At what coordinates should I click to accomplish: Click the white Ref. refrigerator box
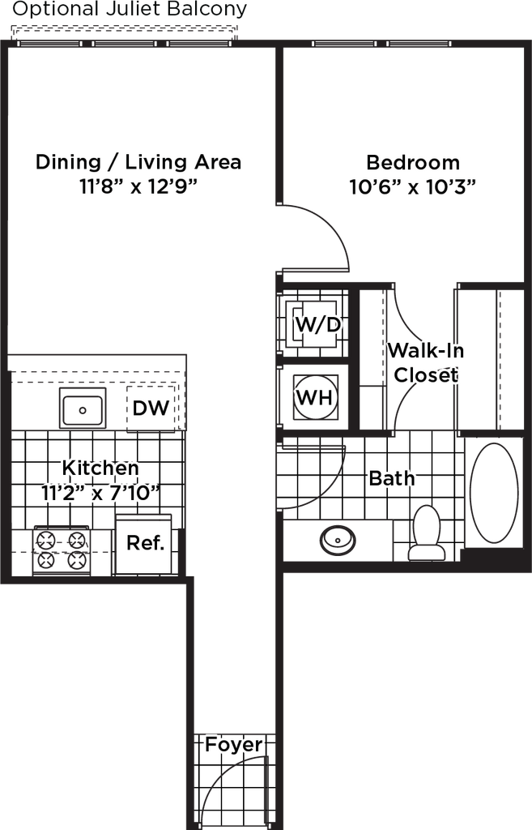145,544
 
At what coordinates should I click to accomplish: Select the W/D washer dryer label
317,325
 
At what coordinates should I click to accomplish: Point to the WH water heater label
315,397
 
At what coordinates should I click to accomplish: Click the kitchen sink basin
82,408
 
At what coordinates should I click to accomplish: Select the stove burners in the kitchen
61,548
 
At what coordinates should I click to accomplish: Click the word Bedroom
413,162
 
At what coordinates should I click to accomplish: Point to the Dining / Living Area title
138,161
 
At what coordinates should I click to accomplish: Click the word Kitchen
101,468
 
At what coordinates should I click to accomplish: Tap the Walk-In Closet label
426,362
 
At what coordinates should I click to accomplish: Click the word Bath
392,478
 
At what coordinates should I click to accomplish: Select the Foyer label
233,745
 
